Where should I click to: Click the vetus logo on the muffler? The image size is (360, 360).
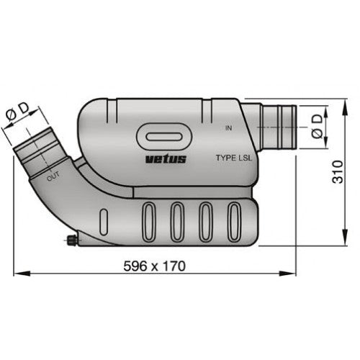coord(166,159)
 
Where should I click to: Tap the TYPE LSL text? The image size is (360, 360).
coord(234,158)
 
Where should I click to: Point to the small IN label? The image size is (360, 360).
coord(229,128)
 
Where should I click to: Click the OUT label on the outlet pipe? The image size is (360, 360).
coord(53,177)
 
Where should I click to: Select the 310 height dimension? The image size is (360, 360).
coord(338,172)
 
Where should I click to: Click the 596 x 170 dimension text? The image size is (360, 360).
coord(155,266)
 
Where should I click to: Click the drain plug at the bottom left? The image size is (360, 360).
coord(71,240)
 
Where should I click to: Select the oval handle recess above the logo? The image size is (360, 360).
coord(164,137)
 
